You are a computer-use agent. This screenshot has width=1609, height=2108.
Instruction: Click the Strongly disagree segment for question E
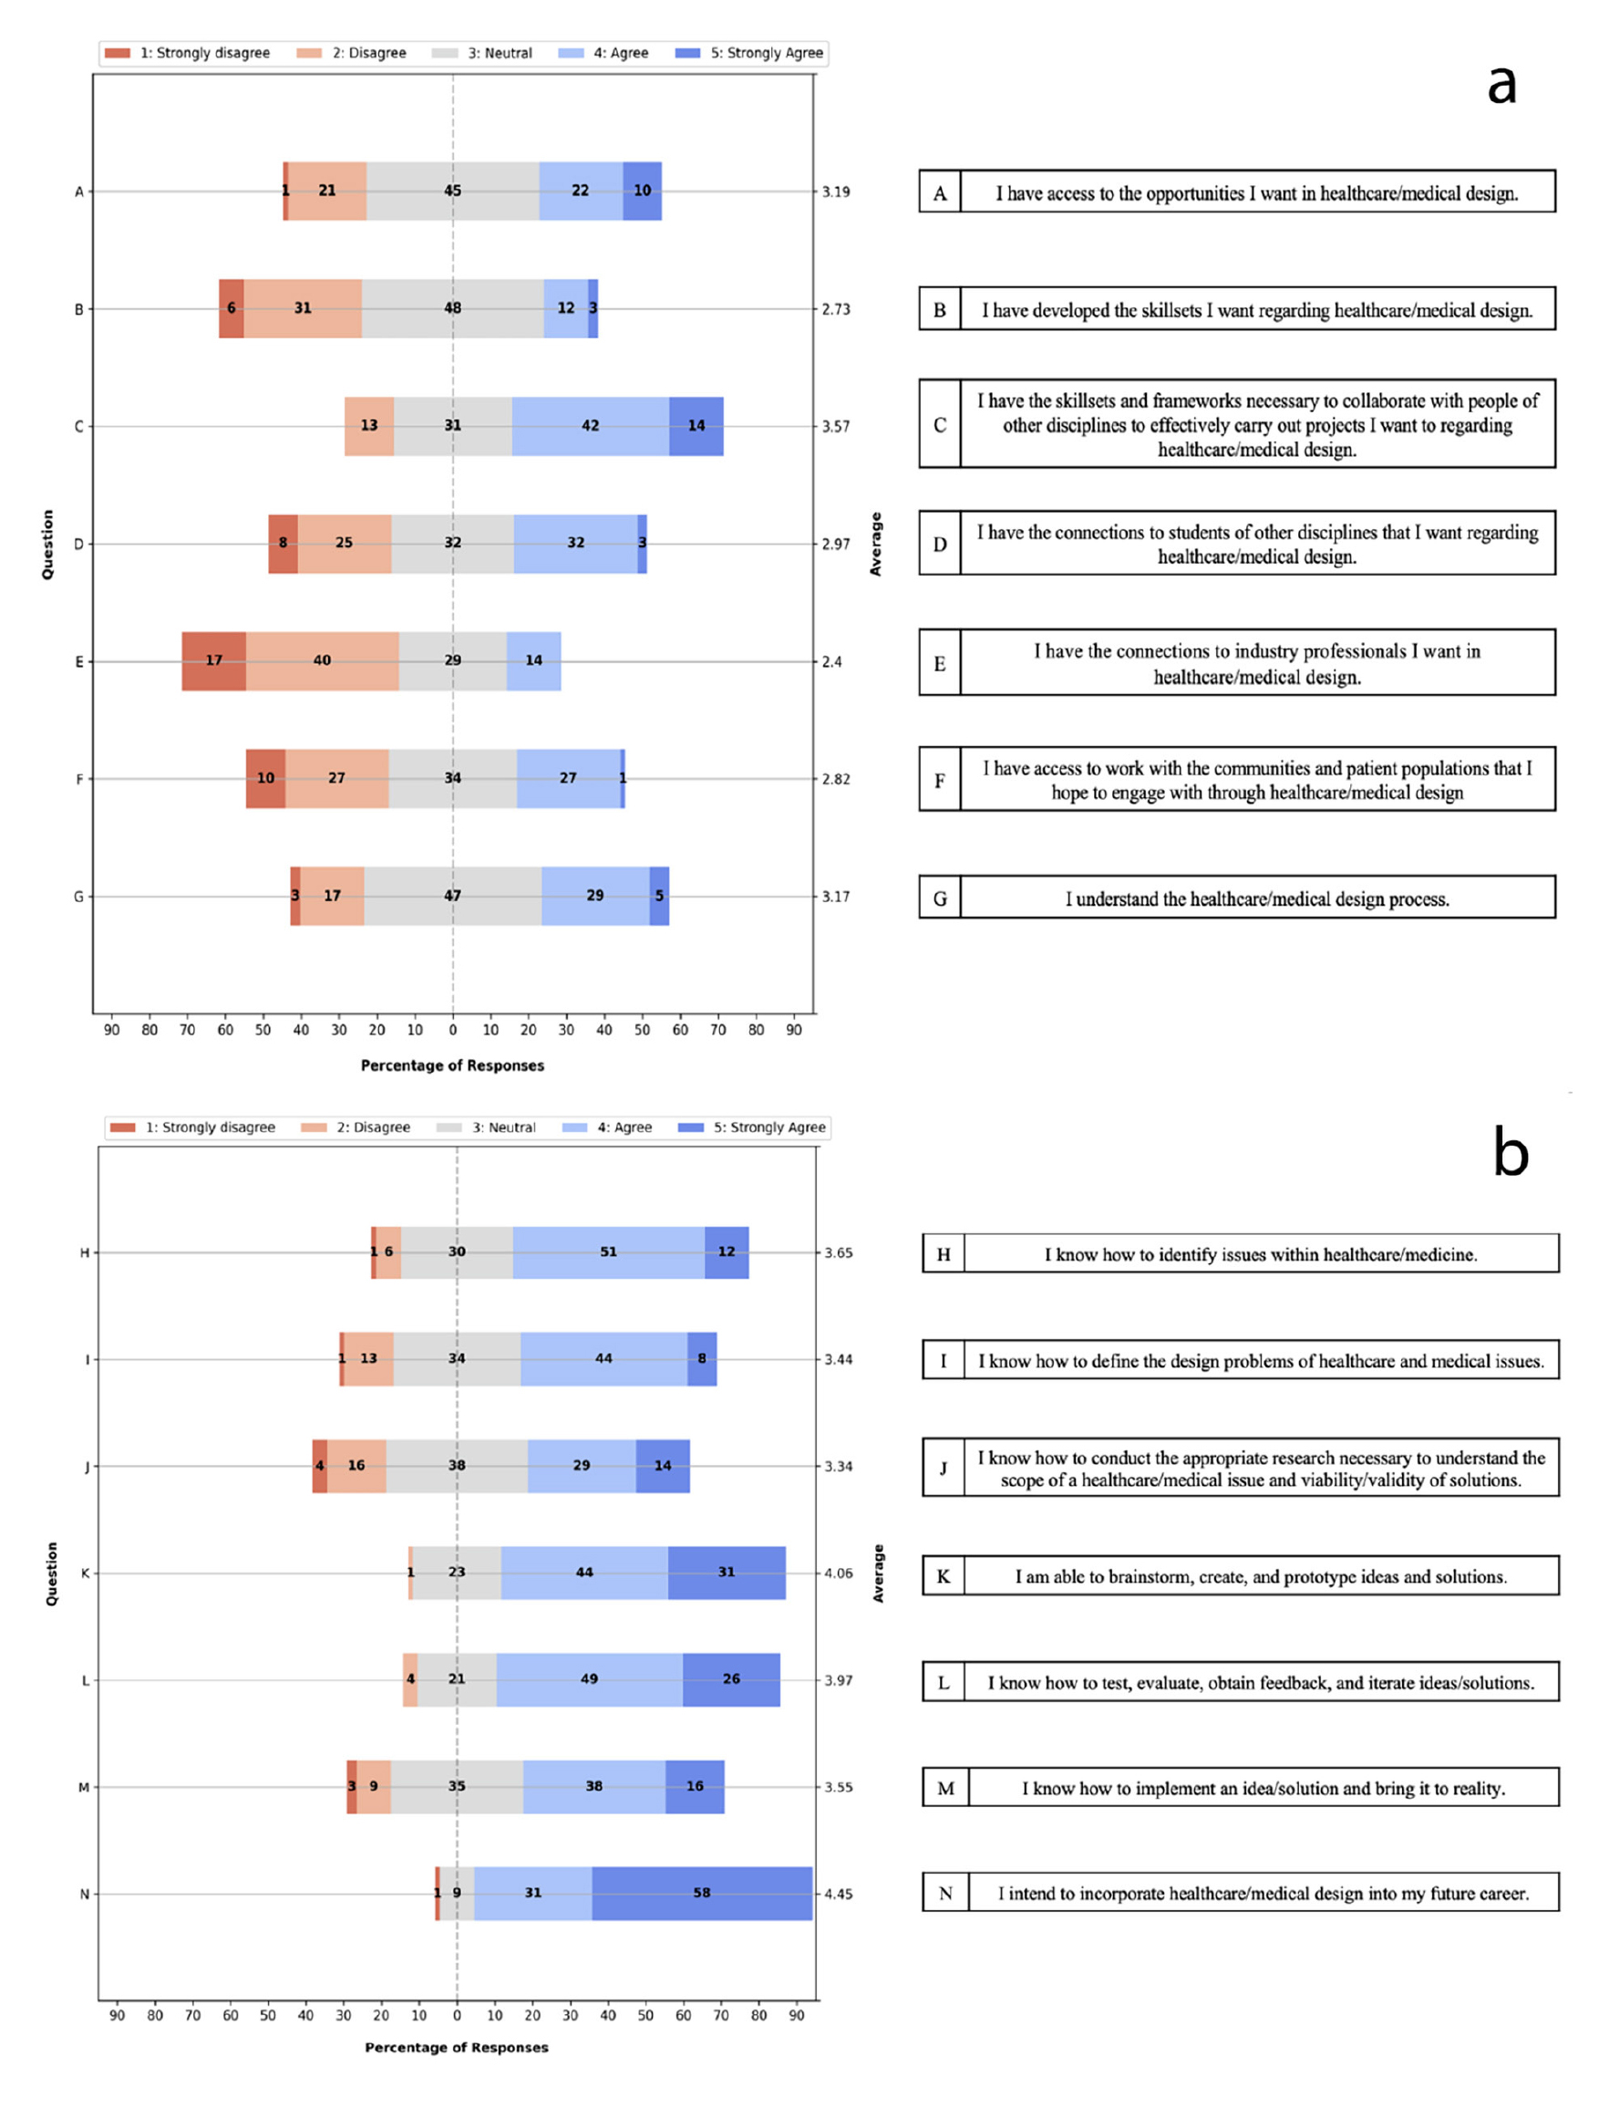click(213, 661)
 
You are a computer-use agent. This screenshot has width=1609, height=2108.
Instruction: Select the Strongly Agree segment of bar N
click(701, 1894)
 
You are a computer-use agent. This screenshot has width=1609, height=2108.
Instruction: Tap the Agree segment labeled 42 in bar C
click(590, 425)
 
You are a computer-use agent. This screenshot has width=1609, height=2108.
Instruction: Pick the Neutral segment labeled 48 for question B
click(452, 308)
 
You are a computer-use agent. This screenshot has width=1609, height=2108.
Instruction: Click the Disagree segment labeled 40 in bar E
click(322, 661)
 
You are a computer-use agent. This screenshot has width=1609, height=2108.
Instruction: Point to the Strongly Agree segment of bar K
click(726, 1573)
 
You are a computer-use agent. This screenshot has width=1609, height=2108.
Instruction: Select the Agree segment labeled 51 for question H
click(608, 1252)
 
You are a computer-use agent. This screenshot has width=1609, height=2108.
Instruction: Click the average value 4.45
click(838, 1895)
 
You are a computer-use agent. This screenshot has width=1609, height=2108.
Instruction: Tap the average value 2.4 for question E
click(832, 662)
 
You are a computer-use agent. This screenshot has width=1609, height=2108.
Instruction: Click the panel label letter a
click(1501, 84)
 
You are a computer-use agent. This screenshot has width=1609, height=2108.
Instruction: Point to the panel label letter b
click(1511, 1153)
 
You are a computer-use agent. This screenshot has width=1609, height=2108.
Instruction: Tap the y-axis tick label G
click(78, 897)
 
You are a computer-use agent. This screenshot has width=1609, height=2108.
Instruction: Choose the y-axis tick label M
click(83, 1787)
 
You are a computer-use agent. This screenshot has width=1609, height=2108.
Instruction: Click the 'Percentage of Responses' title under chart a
click(452, 1065)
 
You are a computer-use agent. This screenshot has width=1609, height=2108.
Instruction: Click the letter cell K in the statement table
click(944, 1576)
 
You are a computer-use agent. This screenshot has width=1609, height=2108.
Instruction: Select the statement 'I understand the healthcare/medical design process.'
click(1256, 898)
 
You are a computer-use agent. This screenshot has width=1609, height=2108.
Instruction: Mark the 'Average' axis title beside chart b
click(877, 1573)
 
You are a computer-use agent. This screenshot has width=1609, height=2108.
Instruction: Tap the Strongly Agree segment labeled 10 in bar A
click(642, 191)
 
